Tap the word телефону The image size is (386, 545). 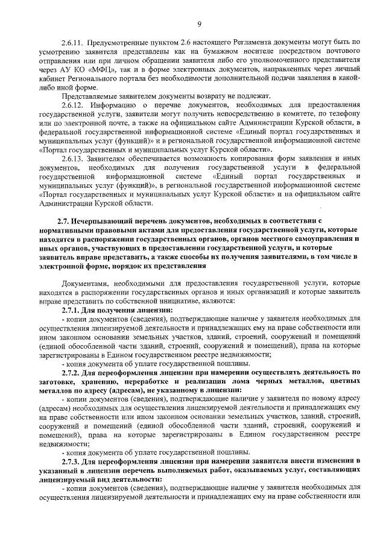point(343,114)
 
